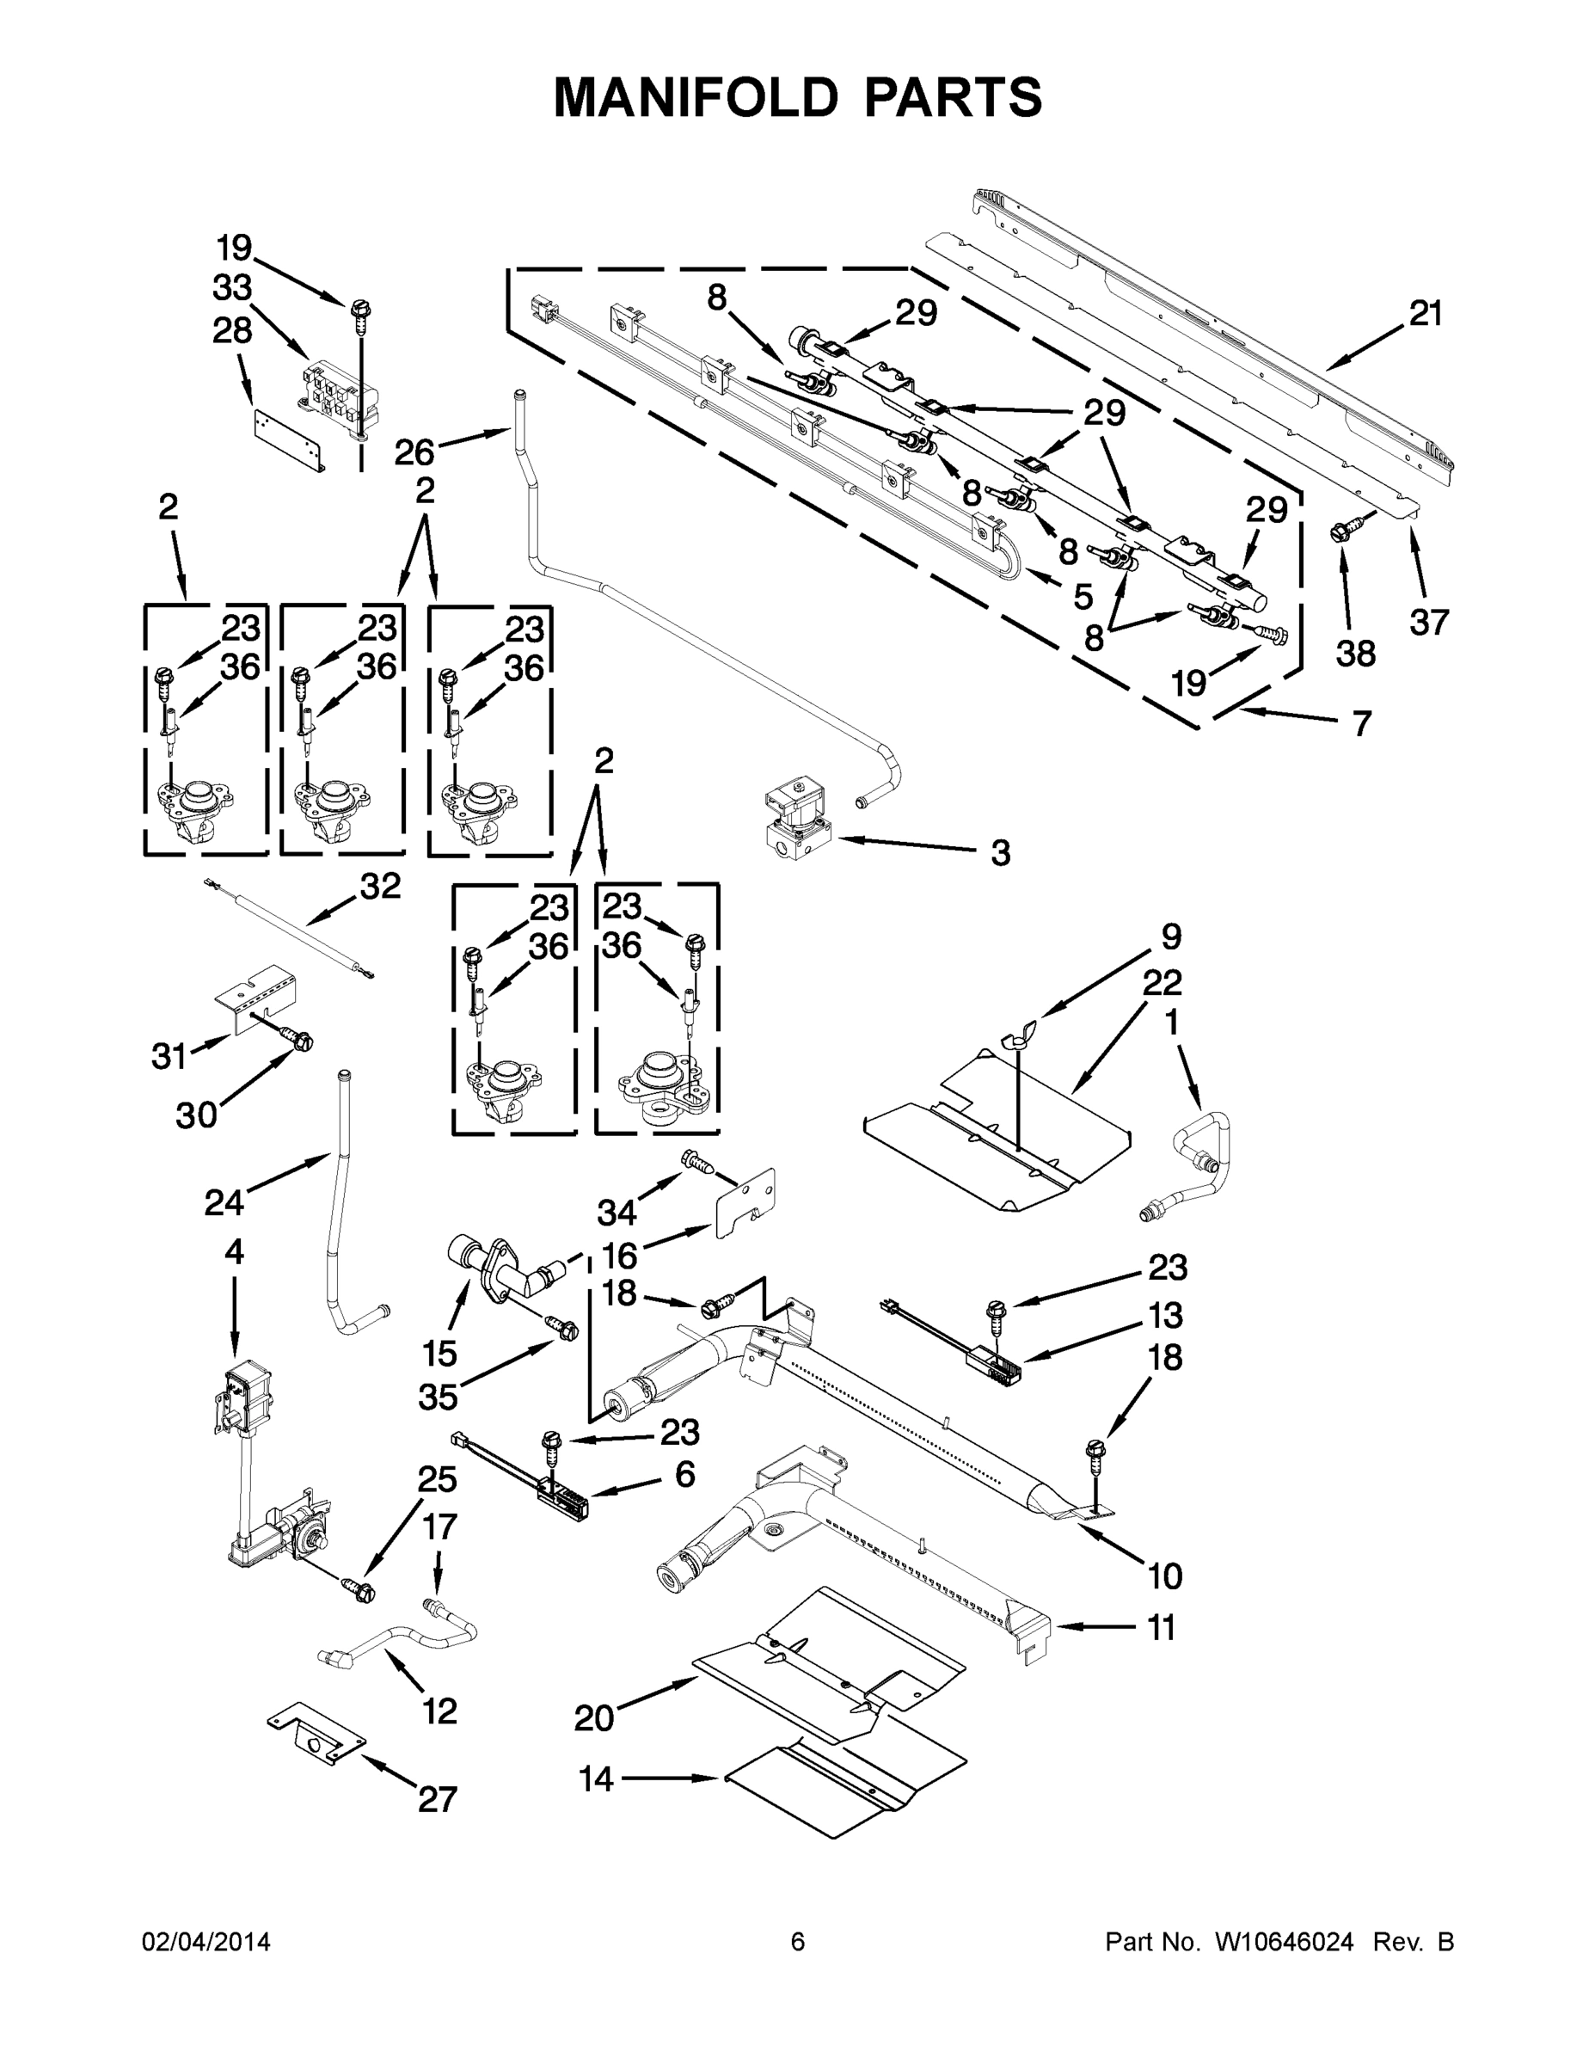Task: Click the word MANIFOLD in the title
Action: [x=696, y=97]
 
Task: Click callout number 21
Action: [x=1426, y=314]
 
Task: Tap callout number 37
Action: [x=1429, y=622]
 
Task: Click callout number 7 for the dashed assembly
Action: [x=1360, y=724]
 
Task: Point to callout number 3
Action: [x=1001, y=853]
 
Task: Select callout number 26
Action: [x=414, y=451]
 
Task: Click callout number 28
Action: [x=232, y=330]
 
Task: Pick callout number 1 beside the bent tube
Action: [x=1172, y=1023]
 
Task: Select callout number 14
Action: [x=596, y=1779]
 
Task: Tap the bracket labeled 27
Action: [x=316, y=1735]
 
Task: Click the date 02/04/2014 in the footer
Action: [x=206, y=1942]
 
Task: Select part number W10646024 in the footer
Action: [x=1284, y=1942]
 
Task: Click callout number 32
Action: [x=380, y=887]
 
